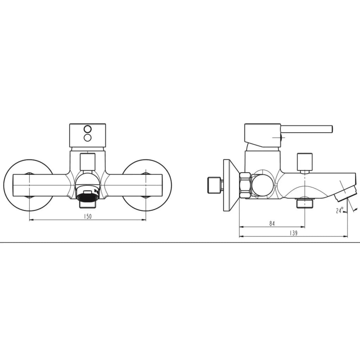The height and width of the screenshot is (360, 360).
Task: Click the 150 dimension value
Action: pos(88,216)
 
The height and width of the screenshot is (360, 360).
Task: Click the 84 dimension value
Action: pos(272,223)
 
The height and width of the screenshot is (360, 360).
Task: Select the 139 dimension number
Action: pos(294,233)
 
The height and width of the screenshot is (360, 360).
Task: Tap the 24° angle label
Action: pos(340,210)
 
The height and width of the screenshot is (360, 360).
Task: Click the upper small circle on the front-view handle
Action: pos(88,129)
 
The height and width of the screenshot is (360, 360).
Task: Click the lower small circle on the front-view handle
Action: pos(88,138)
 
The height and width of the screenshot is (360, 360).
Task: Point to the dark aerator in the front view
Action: pos(88,197)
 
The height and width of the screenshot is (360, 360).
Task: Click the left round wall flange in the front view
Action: pos(28,185)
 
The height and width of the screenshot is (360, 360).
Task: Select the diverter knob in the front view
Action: pos(88,162)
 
